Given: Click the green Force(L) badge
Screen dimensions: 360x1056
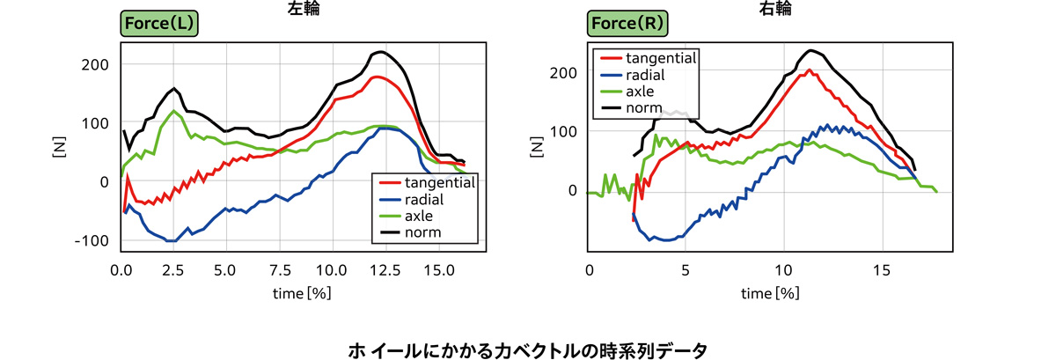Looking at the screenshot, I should tap(158, 25).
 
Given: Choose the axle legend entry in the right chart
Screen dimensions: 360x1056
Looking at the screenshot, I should tap(649, 92).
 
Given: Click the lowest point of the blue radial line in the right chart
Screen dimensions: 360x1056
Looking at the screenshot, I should tap(668, 240).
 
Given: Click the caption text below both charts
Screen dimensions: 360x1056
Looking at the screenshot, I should tap(528, 350).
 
